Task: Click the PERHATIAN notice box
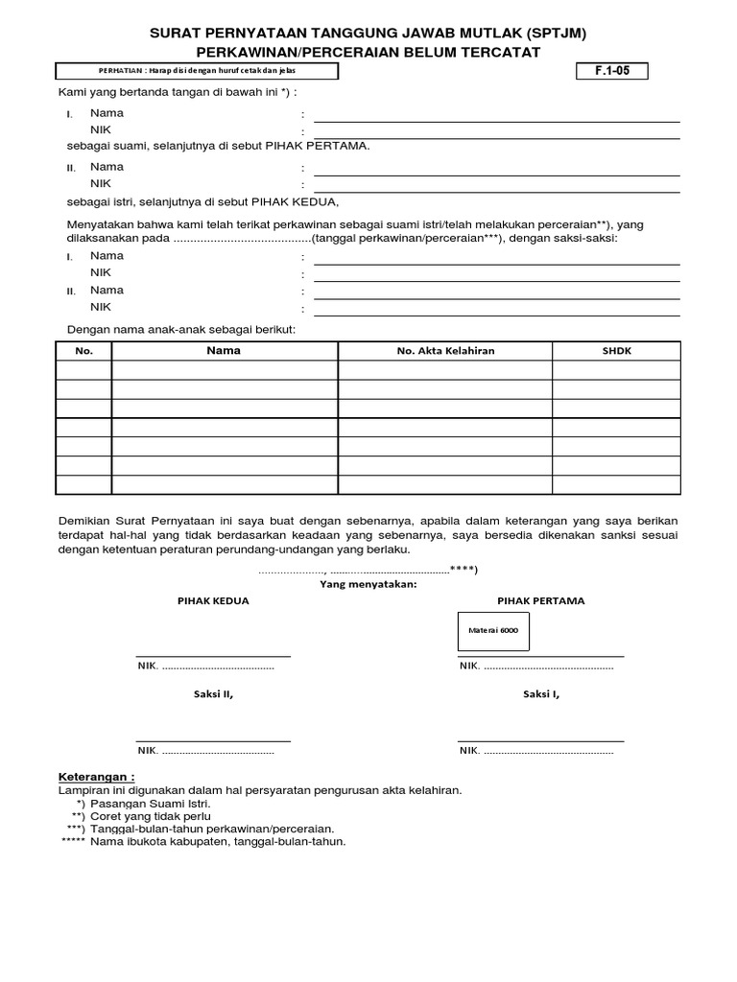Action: tap(197, 71)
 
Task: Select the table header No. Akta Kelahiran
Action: tap(445, 351)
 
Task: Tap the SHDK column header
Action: tap(616, 351)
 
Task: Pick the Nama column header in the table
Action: tap(224, 351)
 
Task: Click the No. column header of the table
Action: tap(84, 351)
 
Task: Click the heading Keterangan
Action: tap(97, 776)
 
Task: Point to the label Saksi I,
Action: tap(541, 694)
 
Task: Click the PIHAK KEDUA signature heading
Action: tap(213, 601)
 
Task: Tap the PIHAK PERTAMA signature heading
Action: tap(540, 601)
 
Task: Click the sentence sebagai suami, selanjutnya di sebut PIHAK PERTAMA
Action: tap(218, 147)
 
